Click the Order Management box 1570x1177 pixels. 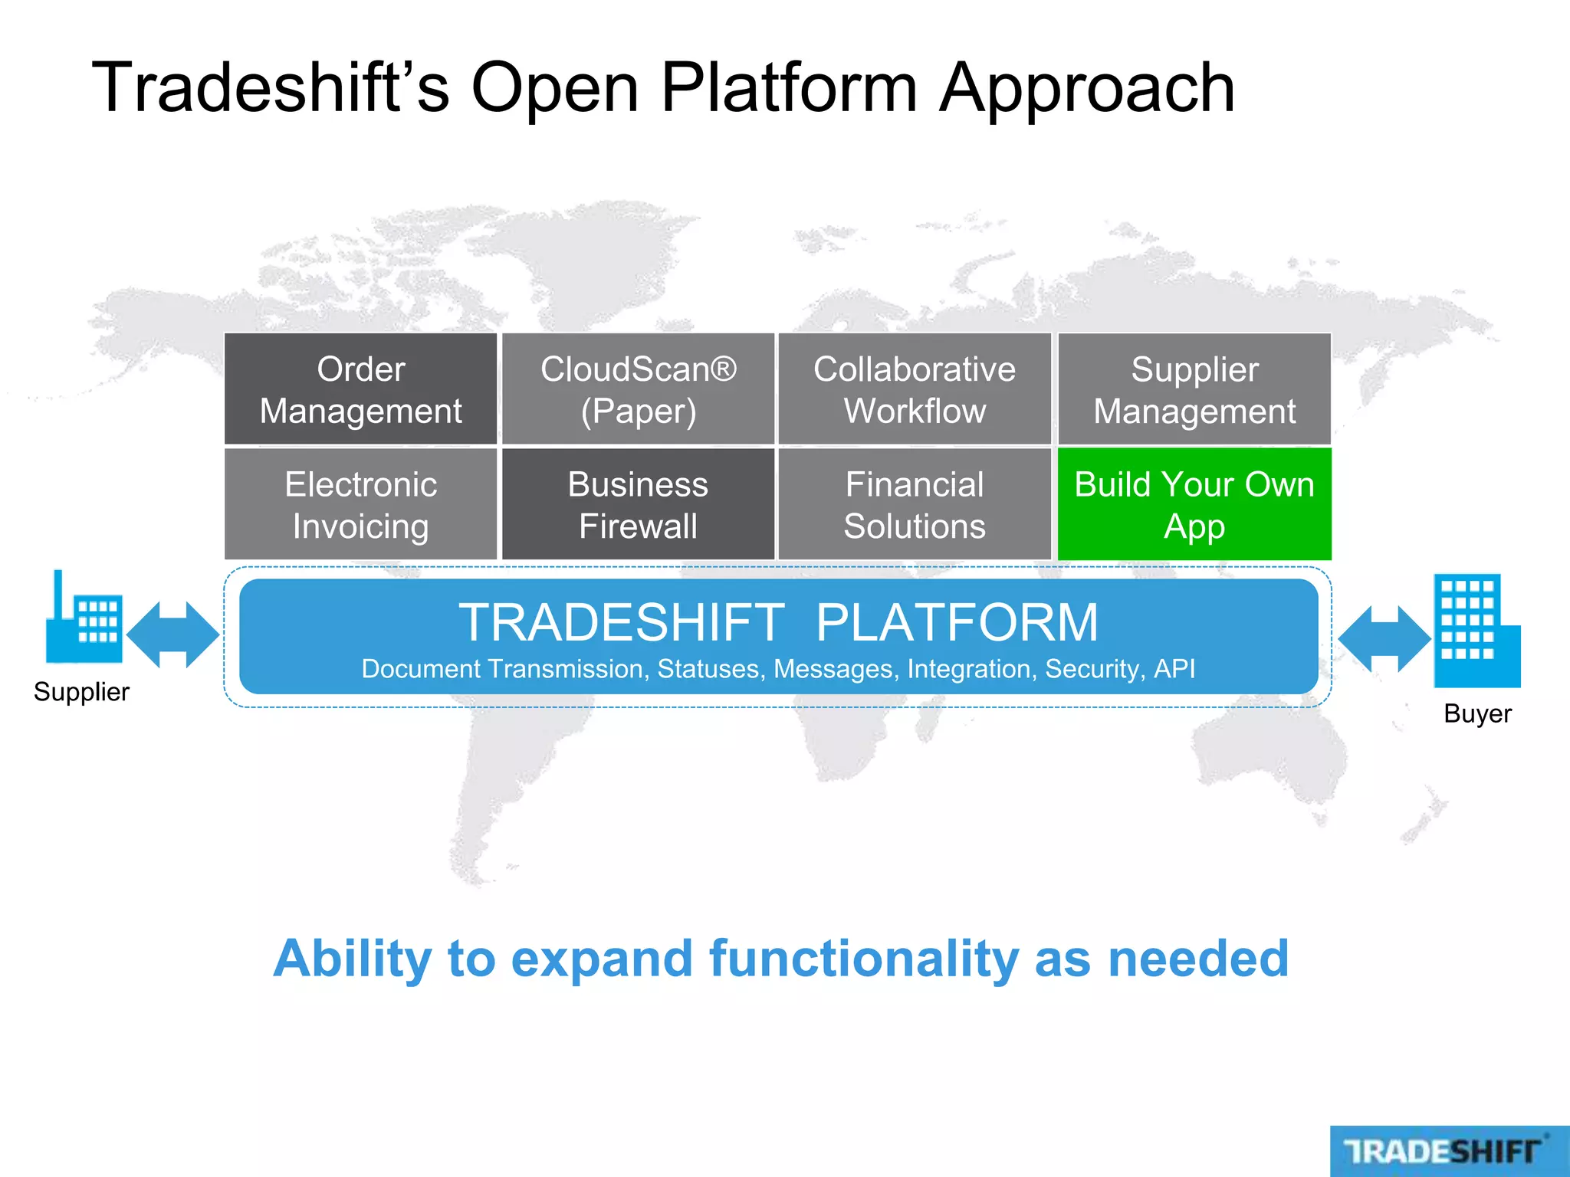[360, 389]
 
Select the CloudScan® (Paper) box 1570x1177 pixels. [638, 389]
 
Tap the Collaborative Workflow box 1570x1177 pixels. [915, 389]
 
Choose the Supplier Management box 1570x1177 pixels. [1194, 389]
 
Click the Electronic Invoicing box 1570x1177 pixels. [360, 504]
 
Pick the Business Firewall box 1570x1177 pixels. [638, 504]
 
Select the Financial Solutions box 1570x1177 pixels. [915, 504]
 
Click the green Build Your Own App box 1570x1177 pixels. [1194, 504]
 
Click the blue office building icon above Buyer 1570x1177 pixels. [1475, 632]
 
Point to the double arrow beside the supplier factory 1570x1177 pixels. [173, 634]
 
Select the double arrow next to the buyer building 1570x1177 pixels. [1384, 638]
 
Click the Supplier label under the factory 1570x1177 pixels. [81, 692]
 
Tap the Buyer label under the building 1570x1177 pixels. [1477, 713]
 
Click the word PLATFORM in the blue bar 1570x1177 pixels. [956, 622]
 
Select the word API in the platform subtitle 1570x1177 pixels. [1174, 669]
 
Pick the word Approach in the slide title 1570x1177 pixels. [1087, 88]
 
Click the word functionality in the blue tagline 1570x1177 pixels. [864, 959]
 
